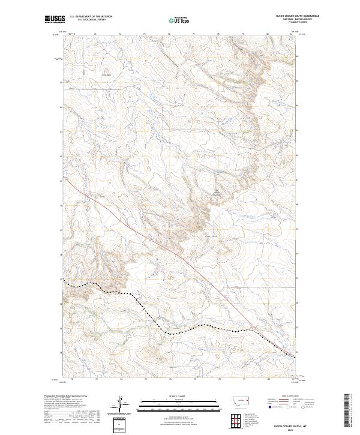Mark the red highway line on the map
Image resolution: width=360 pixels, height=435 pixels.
[180, 256]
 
